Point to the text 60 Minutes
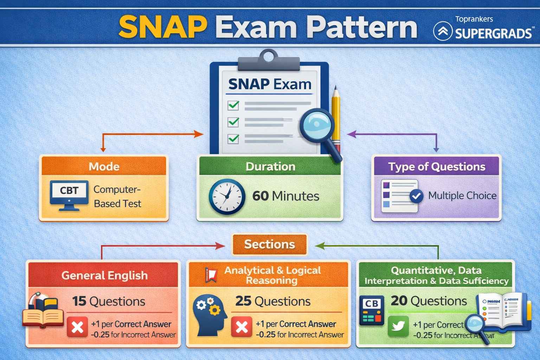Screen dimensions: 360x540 click(285, 196)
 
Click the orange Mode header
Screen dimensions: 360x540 click(104, 166)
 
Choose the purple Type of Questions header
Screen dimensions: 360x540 click(436, 166)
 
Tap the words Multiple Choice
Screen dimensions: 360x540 click(462, 195)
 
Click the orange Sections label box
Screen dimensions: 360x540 click(269, 244)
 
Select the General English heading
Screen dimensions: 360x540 click(104, 275)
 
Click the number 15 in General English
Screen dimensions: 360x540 click(79, 301)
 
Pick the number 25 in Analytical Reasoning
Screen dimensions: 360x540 click(243, 301)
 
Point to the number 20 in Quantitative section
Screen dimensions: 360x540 click(399, 301)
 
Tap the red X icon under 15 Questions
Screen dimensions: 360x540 click(77, 327)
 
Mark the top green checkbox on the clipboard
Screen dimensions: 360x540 click(233, 105)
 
